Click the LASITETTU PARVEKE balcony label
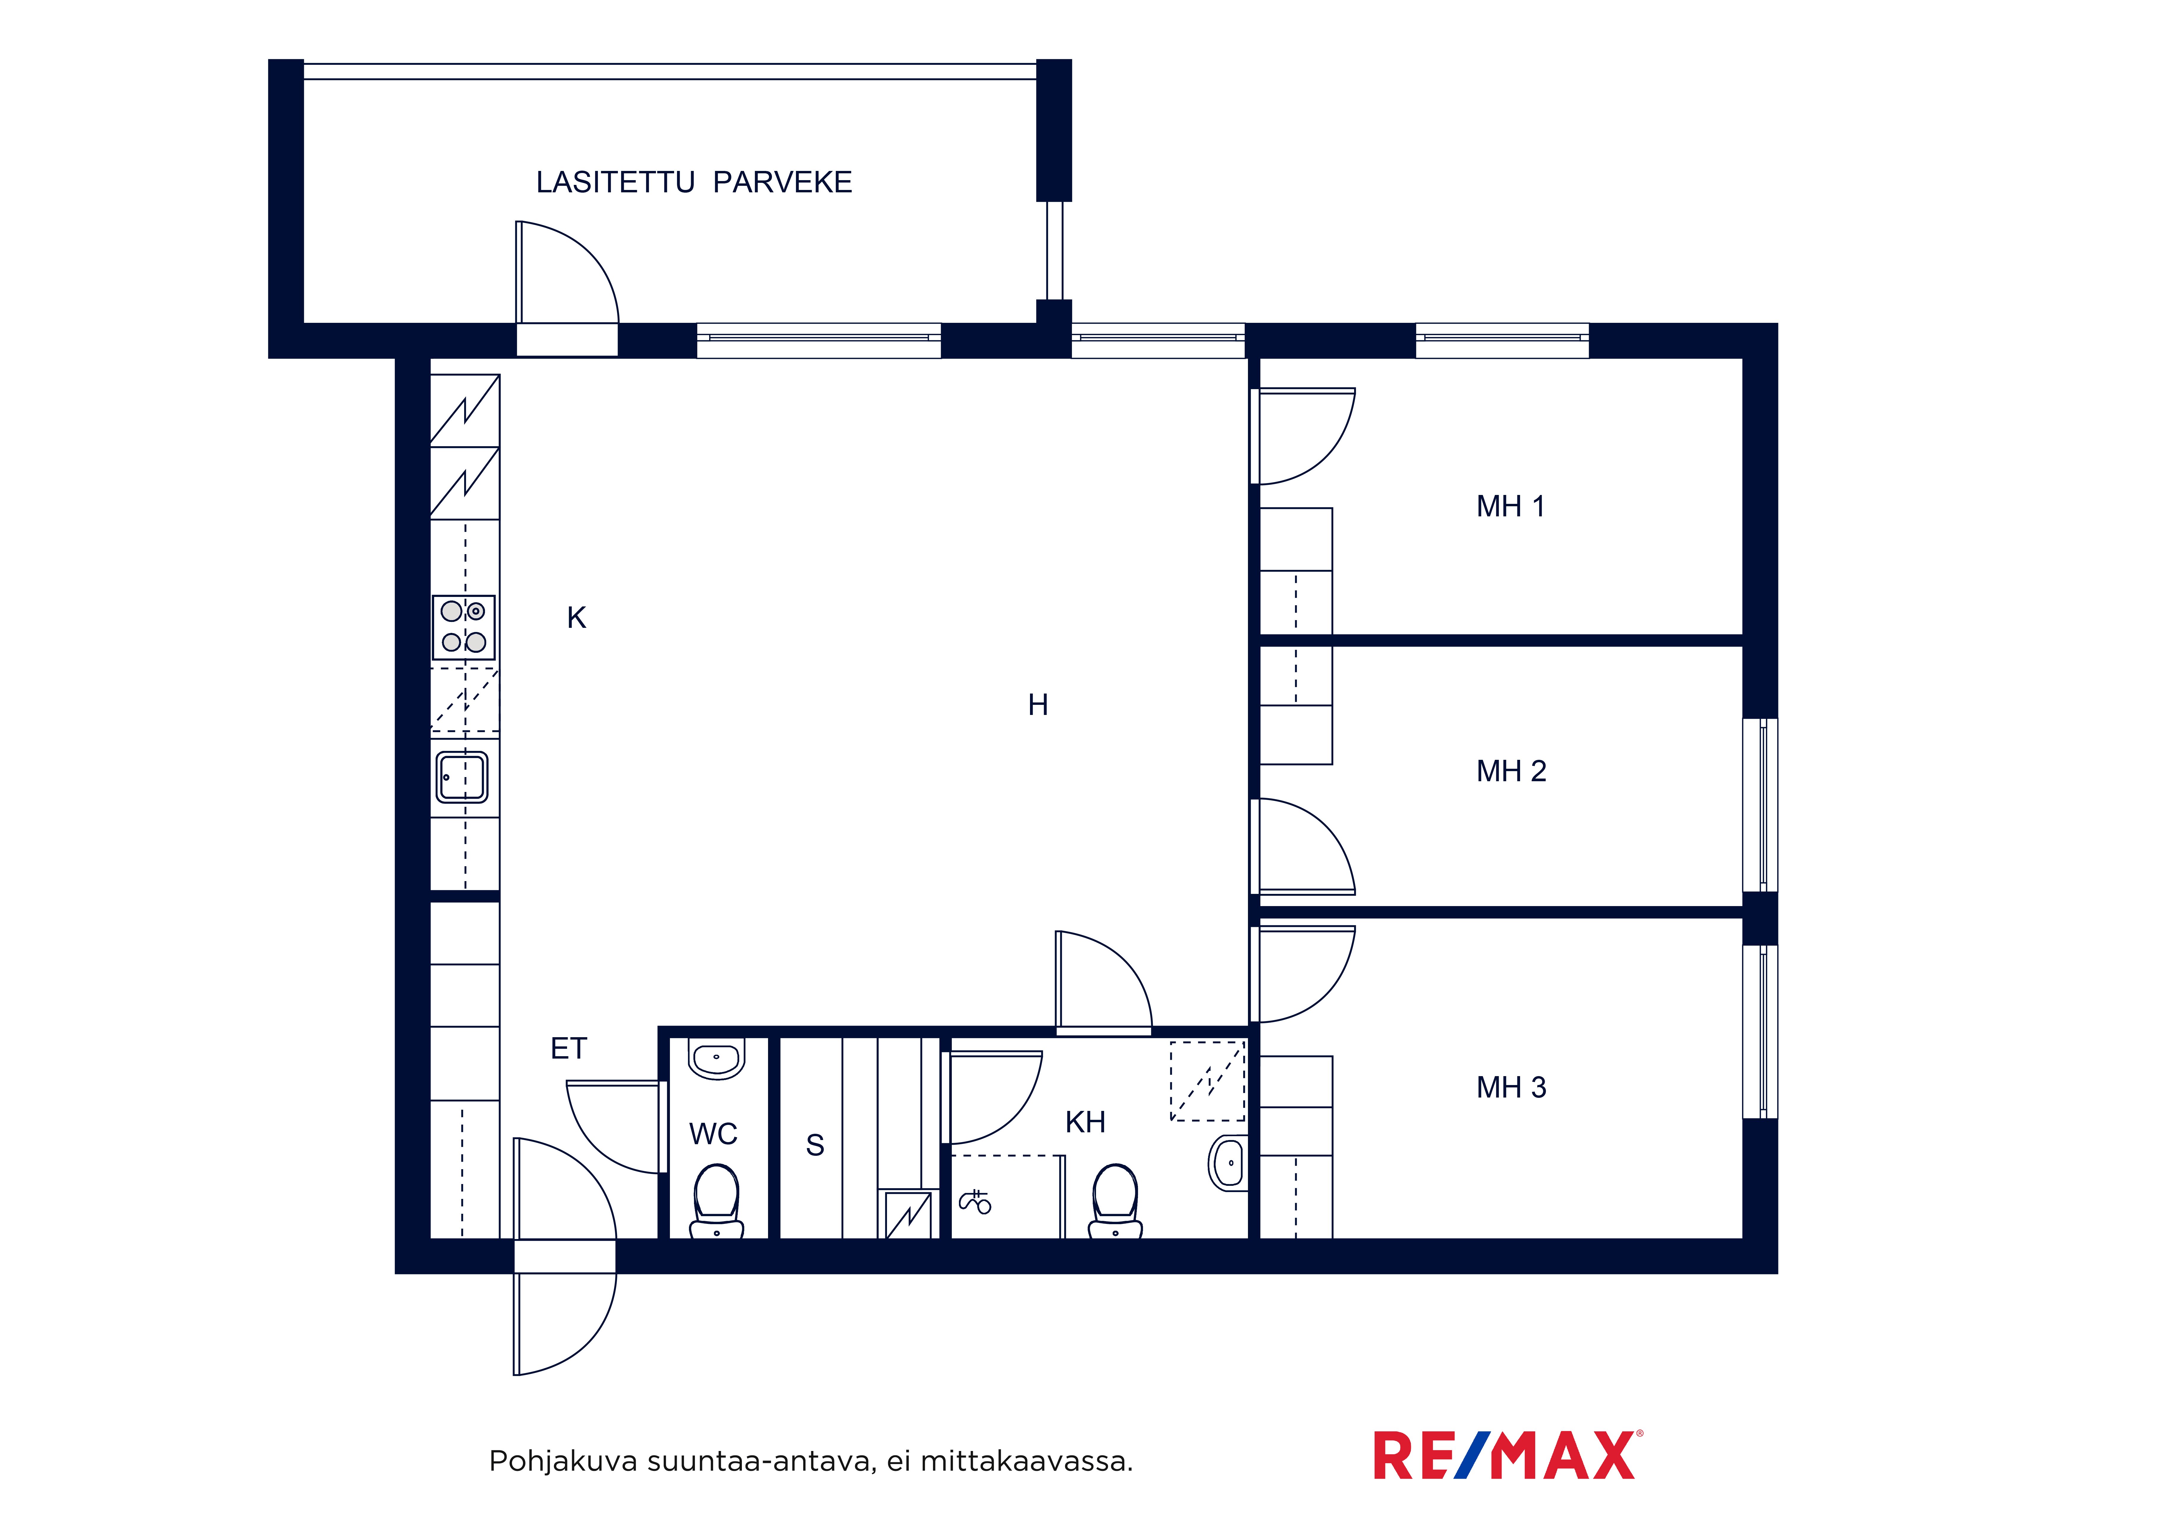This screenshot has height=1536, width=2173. coord(694,182)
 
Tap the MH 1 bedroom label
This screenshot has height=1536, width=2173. coord(1511,506)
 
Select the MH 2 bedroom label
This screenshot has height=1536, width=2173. coord(1511,771)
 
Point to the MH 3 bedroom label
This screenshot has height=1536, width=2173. coord(1511,1087)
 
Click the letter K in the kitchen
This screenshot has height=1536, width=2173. coord(576,618)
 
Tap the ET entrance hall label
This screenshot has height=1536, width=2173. coord(569,1048)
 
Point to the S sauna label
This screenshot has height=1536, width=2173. coord(815,1145)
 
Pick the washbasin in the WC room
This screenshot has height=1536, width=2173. coord(716,1058)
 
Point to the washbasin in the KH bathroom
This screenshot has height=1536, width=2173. coord(1227,1163)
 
